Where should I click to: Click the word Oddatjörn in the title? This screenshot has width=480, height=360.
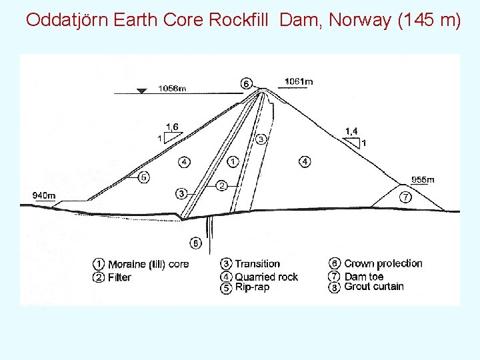[67, 20]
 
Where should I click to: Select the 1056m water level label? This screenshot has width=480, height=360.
[172, 88]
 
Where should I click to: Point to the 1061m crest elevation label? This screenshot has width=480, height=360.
[299, 82]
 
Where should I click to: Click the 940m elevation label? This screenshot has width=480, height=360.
[44, 195]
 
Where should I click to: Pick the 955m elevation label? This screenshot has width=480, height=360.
[423, 179]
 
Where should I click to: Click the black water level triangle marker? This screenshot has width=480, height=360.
[141, 91]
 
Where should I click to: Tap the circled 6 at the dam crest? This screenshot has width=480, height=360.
[246, 83]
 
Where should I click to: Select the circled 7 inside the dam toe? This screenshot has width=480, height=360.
[405, 197]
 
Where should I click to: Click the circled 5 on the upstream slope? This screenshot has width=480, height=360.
[143, 177]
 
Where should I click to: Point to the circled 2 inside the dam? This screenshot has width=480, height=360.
[222, 184]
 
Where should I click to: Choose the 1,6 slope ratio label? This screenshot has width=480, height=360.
[172, 127]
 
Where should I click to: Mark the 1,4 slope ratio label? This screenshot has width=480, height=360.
[351, 131]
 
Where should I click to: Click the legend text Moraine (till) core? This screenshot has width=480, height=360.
[148, 264]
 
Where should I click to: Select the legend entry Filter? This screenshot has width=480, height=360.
[119, 277]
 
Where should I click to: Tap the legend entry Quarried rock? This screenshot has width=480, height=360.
[266, 277]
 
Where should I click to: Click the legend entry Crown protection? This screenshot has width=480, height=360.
[383, 263]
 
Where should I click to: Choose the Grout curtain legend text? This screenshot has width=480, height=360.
[374, 287]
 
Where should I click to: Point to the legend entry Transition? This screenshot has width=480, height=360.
[257, 264]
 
